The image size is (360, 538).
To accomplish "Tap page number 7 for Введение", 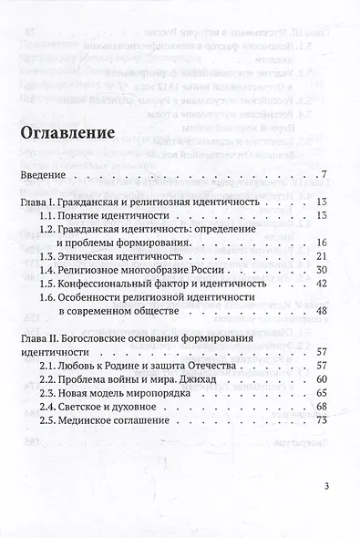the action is (323, 175).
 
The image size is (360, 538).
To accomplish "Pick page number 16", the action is (320, 242).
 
